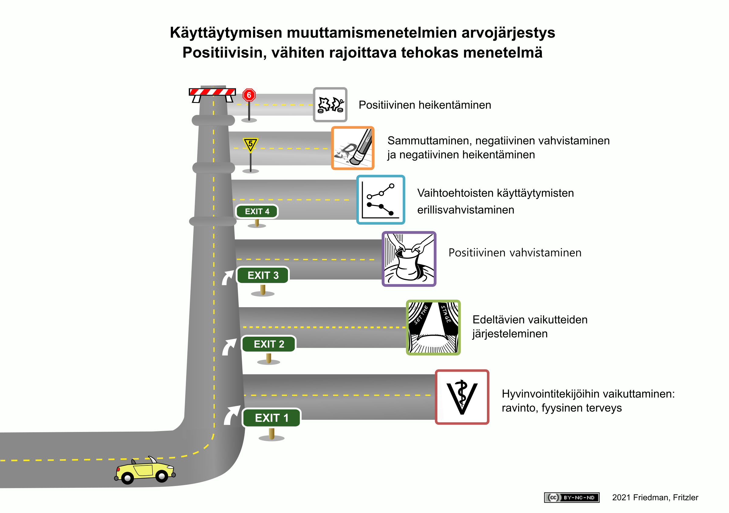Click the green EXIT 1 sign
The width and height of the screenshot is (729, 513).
271,417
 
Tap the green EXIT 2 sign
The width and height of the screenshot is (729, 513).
269,344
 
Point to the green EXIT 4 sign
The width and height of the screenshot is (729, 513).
257,211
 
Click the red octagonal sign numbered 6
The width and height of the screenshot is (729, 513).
249,95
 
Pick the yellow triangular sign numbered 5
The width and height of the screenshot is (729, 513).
250,144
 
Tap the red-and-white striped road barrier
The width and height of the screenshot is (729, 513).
212,92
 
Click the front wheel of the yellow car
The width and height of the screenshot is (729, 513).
162,476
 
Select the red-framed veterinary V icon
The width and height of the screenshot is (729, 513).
462,396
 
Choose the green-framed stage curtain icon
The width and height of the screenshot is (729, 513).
433,327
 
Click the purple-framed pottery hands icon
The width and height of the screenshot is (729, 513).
409,259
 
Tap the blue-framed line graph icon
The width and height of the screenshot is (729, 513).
380,199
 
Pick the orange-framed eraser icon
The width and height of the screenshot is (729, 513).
352,148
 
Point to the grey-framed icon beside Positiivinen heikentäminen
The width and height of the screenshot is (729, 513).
330,105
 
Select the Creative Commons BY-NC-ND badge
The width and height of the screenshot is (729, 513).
572,497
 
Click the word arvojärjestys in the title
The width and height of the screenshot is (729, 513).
508,33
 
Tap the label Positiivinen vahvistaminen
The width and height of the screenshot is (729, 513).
515,253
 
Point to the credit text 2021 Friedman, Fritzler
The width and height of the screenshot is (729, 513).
655,497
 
